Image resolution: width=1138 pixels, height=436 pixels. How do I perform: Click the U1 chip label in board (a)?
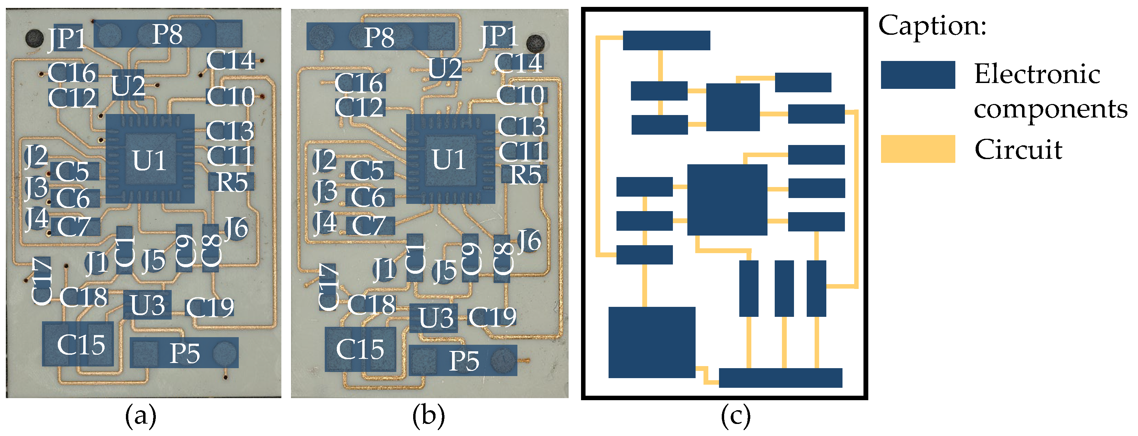[149, 160]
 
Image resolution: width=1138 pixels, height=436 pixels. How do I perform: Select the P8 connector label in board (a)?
[167, 34]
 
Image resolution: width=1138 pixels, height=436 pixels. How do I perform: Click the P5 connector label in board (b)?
[464, 361]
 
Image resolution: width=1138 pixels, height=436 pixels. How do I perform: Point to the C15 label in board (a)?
[81, 345]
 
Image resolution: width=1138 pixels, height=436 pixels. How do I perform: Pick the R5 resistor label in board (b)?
[525, 175]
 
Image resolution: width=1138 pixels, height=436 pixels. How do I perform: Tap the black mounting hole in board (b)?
[535, 44]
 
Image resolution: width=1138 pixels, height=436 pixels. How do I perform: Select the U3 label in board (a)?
[148, 305]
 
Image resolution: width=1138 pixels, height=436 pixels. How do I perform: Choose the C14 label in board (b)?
[519, 63]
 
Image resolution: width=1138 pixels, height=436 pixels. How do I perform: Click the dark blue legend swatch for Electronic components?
[917, 75]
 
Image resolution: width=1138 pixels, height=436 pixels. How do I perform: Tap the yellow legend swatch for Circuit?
[917, 149]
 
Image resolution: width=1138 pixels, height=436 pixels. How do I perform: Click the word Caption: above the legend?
[932, 25]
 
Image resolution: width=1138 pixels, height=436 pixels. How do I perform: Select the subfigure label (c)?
[735, 416]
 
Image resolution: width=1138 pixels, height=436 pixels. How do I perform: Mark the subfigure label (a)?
[140, 416]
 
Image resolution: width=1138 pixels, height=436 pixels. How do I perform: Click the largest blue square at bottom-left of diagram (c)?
[652, 342]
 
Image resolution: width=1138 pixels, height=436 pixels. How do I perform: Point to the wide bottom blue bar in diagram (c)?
[780, 378]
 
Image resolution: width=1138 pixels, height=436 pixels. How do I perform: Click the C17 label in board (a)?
[42, 281]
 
